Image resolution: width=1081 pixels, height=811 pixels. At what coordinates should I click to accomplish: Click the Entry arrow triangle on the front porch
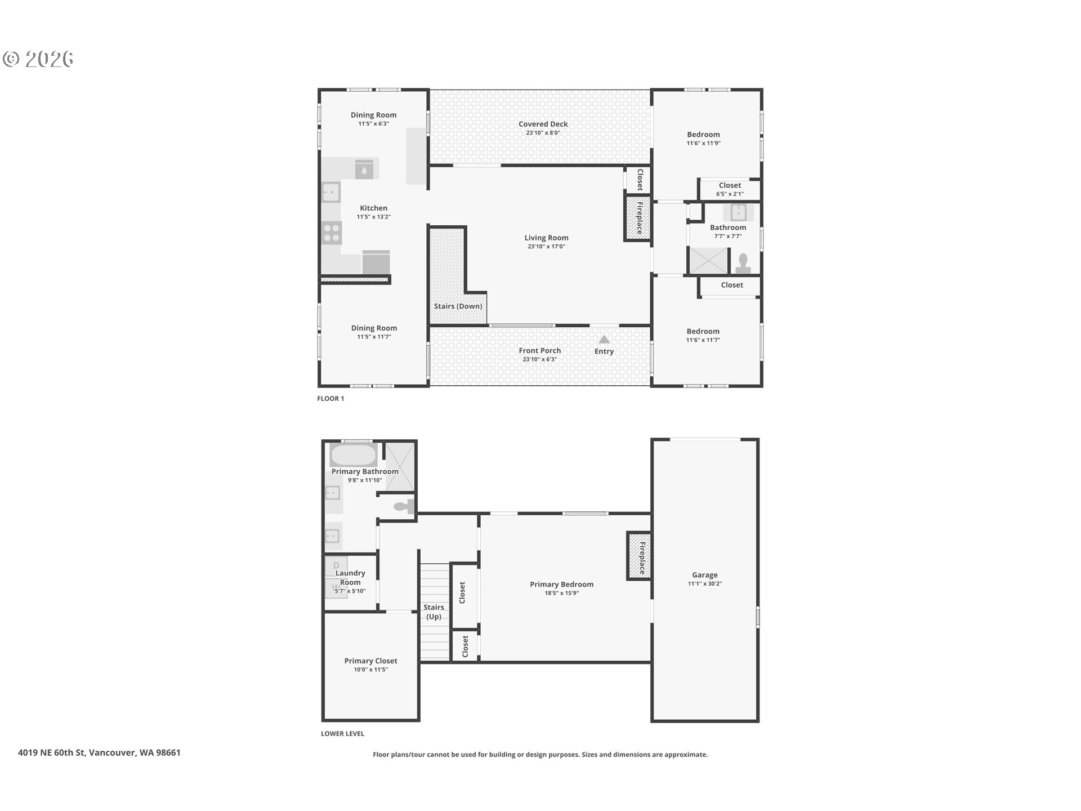click(x=604, y=340)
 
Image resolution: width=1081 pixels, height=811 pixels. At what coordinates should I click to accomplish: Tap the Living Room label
click(x=546, y=238)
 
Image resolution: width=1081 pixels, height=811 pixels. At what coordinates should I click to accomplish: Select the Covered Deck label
click(x=543, y=124)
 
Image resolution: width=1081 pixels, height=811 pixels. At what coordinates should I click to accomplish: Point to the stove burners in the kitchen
click(x=332, y=233)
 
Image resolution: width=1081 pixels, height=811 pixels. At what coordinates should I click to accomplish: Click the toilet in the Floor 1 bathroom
click(x=743, y=263)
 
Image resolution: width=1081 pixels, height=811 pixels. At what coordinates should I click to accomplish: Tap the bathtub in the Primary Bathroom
click(x=353, y=455)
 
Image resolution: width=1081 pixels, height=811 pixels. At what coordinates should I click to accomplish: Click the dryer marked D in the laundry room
click(x=336, y=566)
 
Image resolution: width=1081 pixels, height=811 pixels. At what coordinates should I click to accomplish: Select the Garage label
click(x=705, y=575)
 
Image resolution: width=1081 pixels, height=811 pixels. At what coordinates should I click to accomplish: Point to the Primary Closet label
click(x=371, y=661)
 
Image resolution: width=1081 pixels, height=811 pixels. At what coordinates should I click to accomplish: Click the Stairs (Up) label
click(x=434, y=612)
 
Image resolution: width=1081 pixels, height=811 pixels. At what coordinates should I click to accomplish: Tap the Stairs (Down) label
click(x=458, y=306)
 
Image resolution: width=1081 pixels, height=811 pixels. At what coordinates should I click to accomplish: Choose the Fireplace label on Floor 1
click(x=640, y=218)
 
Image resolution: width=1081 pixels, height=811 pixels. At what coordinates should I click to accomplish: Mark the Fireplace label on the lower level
click(x=642, y=558)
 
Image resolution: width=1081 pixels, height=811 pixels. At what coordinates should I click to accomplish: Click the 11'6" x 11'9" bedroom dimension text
click(x=704, y=143)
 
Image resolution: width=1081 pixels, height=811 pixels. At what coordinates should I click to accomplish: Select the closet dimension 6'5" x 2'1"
click(x=730, y=194)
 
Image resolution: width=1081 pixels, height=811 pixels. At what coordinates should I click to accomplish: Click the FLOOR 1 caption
click(x=330, y=398)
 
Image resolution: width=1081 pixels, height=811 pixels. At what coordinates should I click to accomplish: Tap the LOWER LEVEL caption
click(x=342, y=733)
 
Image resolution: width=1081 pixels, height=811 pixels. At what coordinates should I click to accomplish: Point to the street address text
click(x=99, y=752)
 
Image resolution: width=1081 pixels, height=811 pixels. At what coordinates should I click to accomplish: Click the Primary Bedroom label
click(x=562, y=585)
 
